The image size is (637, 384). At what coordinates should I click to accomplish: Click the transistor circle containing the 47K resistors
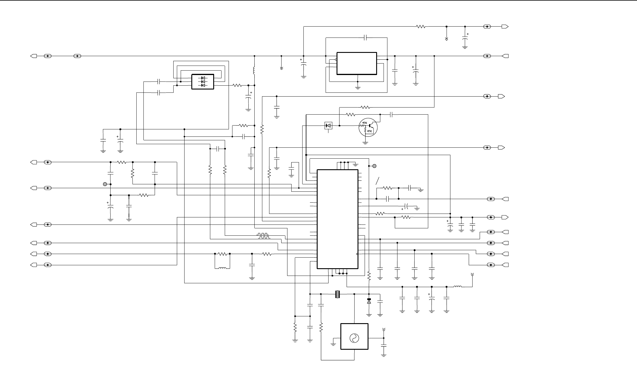coord(368,127)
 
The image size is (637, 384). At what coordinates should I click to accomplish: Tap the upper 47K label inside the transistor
coord(364,123)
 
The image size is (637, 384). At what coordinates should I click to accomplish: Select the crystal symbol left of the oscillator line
coord(337,294)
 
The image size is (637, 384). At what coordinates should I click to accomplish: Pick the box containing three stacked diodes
coord(203,82)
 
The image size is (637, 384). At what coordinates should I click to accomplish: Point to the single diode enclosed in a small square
coord(328,126)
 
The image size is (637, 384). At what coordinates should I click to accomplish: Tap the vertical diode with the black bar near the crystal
coord(369,301)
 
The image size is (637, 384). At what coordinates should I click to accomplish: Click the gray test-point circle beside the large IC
coord(374,166)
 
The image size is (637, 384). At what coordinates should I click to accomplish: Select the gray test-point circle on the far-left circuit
coord(105,184)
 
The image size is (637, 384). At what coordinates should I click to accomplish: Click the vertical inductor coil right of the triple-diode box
coord(254,71)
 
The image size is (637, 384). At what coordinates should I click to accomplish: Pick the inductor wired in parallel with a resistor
coord(222,268)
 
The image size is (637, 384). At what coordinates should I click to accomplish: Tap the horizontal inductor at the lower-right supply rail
coord(457,287)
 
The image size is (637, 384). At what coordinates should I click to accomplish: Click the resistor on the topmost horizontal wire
coord(421,27)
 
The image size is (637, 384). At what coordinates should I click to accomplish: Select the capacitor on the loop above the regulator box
coord(365,38)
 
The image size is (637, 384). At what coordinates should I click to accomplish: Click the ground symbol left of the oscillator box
coord(333,344)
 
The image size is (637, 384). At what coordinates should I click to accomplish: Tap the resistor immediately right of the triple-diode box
coord(237,85)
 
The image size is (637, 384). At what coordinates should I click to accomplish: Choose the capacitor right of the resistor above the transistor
coord(391,114)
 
